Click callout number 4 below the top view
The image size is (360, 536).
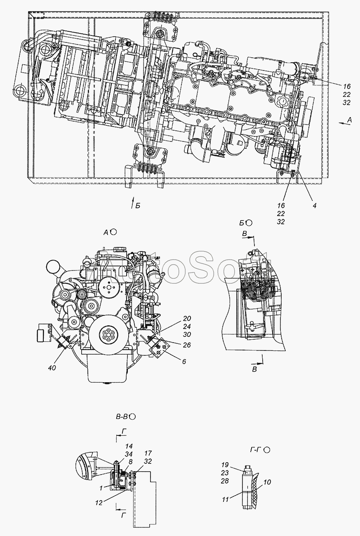pyautogui.click(x=315, y=206)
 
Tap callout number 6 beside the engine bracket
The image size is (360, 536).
pyautogui.click(x=184, y=361)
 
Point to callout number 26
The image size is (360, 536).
pyautogui.click(x=187, y=345)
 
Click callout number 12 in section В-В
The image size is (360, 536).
pyautogui.click(x=99, y=496)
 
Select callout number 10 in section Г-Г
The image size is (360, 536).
pyautogui.click(x=267, y=482)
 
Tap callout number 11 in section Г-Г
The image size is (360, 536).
pyautogui.click(x=226, y=499)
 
